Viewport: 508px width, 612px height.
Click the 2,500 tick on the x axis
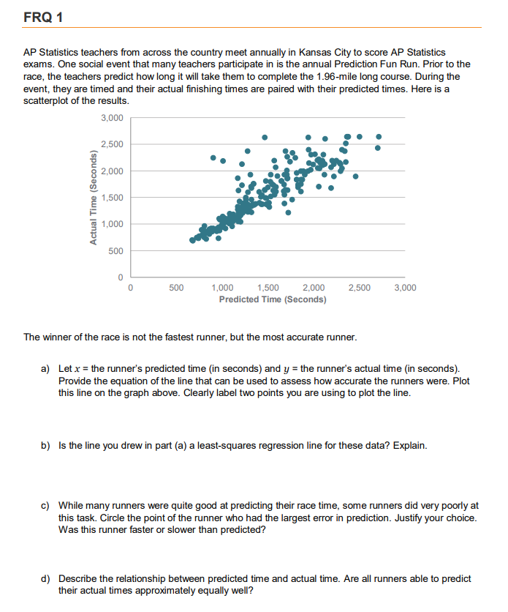(359, 288)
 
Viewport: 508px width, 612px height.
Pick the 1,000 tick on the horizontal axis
(222, 288)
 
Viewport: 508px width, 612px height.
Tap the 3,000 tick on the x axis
(405, 288)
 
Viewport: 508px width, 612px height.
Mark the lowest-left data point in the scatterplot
(193, 240)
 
